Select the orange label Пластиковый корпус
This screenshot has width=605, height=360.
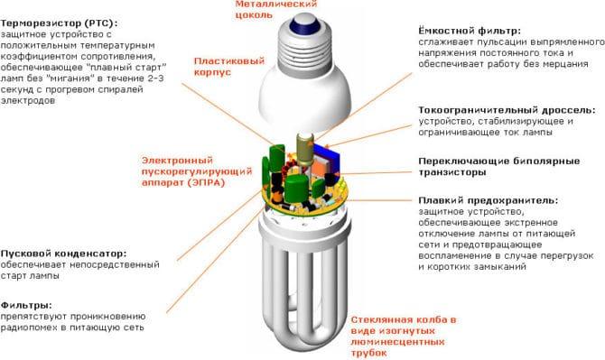[228, 67]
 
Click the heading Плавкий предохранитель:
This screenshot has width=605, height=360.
[488, 200]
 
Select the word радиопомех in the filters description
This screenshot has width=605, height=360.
[33, 331]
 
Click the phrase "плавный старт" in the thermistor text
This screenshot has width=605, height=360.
[140, 68]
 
